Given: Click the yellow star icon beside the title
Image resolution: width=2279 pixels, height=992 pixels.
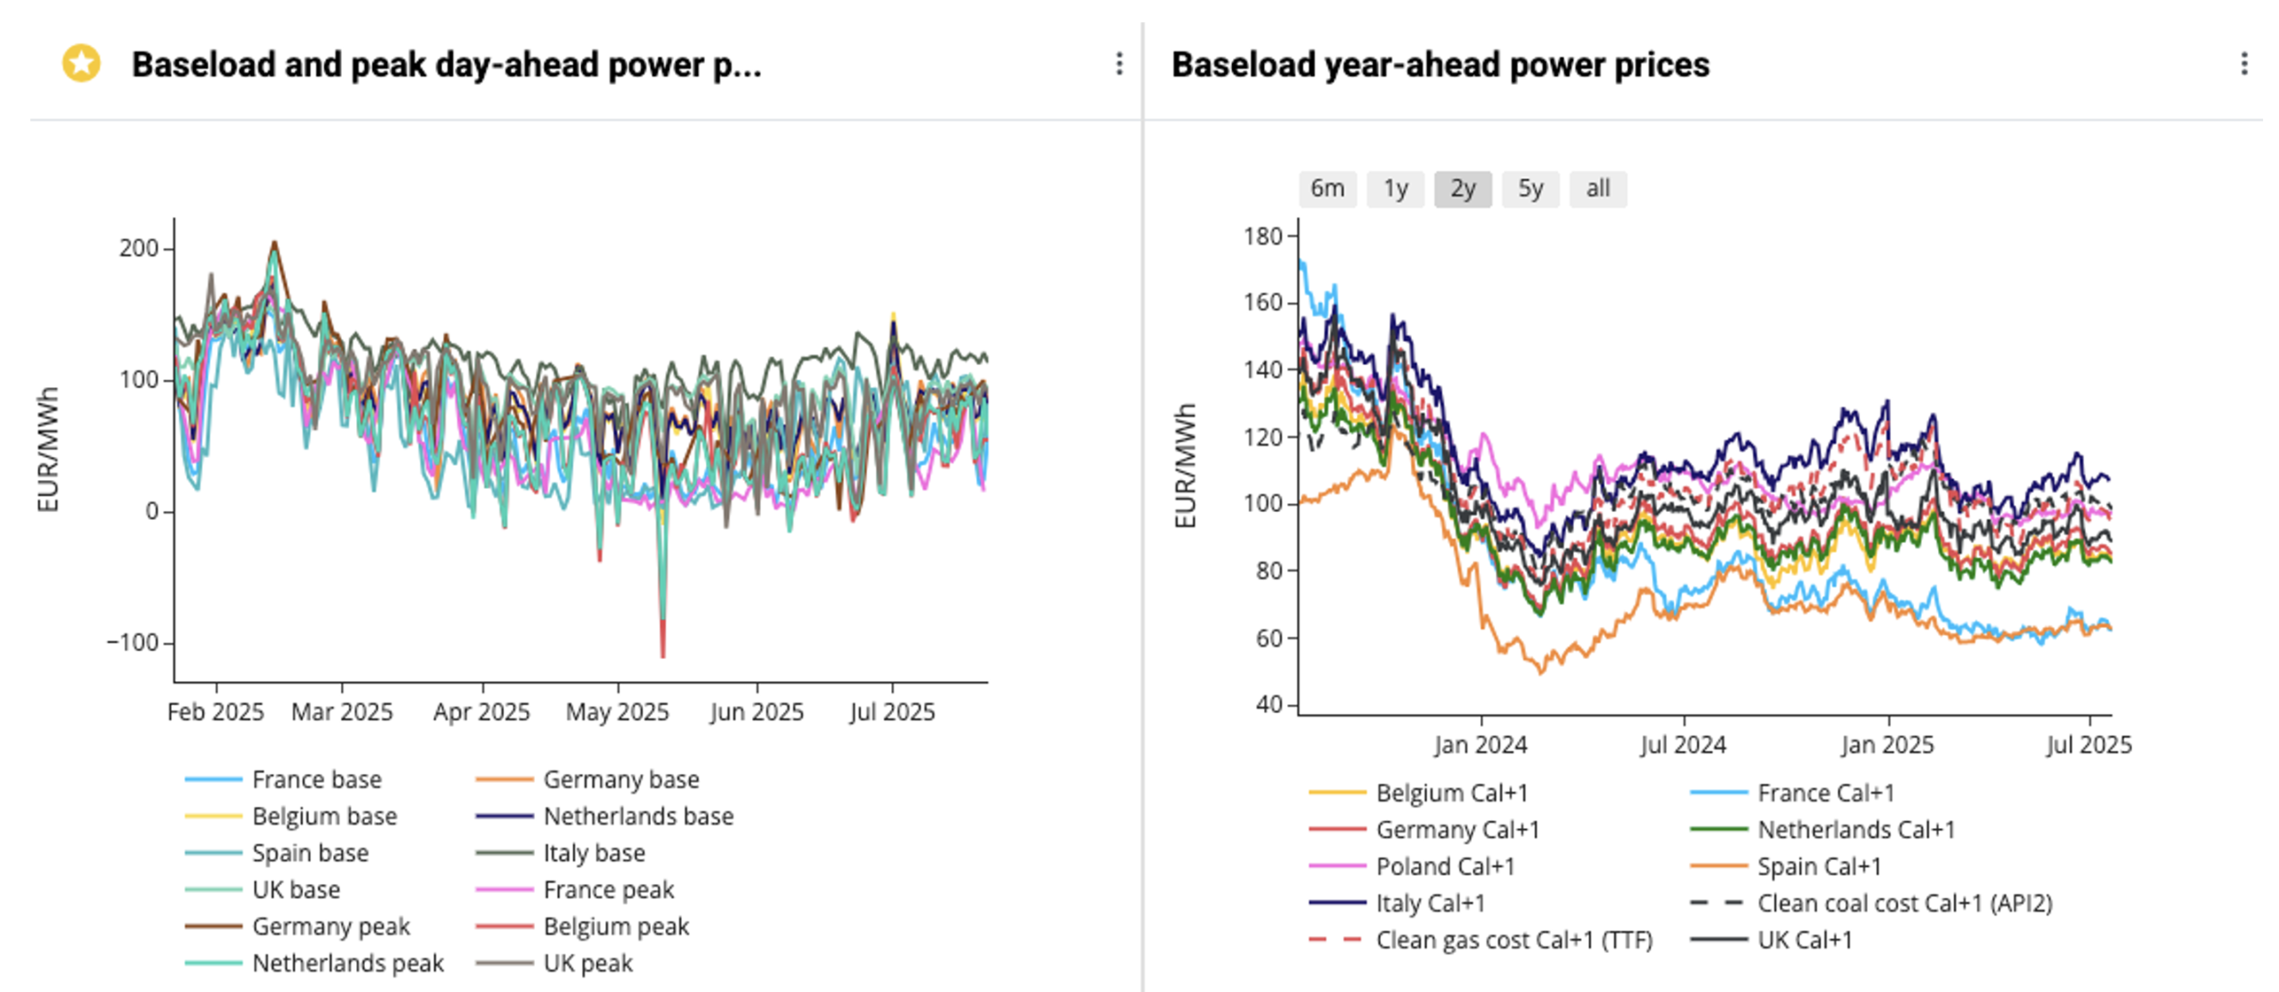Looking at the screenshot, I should tap(81, 64).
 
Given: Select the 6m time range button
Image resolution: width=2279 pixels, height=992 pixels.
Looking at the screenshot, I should tap(1326, 189).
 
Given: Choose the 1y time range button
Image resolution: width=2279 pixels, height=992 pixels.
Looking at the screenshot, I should tap(1395, 189).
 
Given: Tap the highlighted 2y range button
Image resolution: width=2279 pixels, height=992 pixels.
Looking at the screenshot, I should tap(1463, 189).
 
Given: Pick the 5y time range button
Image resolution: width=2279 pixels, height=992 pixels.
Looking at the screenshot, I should tap(1530, 189).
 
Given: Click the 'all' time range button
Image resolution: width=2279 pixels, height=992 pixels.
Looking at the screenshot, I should tap(1598, 189).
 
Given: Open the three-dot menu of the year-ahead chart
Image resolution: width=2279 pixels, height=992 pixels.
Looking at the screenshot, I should tap(2243, 64).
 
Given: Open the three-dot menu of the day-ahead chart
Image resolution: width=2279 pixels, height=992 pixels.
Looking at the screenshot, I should tap(1119, 64).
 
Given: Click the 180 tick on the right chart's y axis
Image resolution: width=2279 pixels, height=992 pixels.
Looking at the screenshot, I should tap(1262, 237).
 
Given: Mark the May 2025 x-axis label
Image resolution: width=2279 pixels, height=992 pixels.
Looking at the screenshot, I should tap(617, 712).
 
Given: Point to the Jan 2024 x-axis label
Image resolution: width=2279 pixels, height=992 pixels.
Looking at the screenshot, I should tap(1480, 745).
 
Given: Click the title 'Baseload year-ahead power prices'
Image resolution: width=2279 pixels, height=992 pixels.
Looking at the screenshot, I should tap(1440, 65).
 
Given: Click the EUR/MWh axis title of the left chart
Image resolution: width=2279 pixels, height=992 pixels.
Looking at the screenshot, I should tap(48, 450).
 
